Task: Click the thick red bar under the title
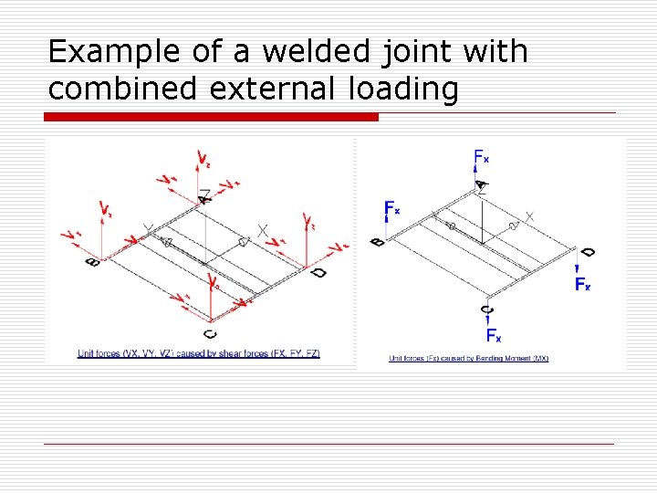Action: click(212, 117)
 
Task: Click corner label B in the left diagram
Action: click(92, 262)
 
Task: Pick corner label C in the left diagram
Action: click(211, 333)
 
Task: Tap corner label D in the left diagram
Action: click(318, 272)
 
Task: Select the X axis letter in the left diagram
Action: click(263, 231)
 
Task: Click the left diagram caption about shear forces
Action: click(198, 353)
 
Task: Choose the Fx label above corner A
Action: click(481, 158)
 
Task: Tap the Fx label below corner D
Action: click(582, 284)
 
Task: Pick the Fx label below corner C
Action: click(493, 335)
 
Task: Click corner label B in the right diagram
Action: click(377, 241)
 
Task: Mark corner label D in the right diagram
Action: click(589, 252)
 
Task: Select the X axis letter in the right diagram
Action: click(530, 216)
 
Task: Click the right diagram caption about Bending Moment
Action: click(469, 358)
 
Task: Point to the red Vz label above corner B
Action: click(108, 212)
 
